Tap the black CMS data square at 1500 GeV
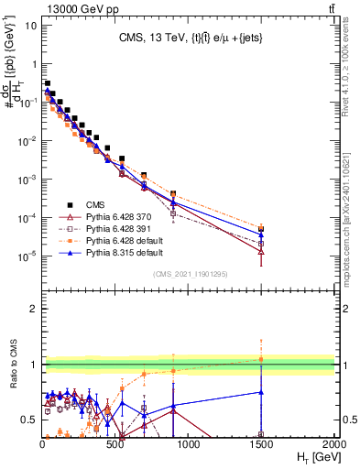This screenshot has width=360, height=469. [x=262, y=229]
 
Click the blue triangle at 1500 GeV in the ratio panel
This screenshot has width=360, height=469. [x=262, y=392]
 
